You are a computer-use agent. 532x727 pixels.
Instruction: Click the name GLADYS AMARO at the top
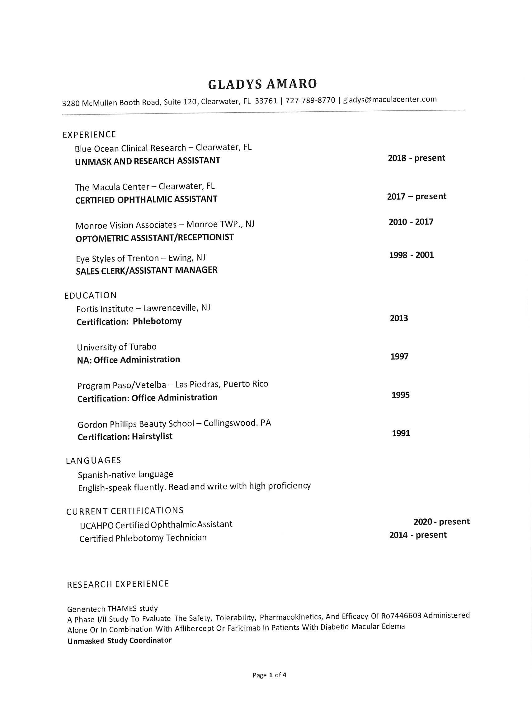(x=262, y=84)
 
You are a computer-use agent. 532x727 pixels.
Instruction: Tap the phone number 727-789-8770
(x=310, y=100)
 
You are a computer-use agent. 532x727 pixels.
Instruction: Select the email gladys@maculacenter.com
(x=390, y=100)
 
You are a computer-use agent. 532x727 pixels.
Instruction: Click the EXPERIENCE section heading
(x=89, y=134)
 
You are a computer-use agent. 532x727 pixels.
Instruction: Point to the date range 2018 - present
(x=417, y=158)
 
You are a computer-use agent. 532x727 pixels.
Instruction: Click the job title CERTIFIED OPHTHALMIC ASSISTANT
(x=146, y=199)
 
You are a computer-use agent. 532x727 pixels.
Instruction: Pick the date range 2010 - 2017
(x=411, y=222)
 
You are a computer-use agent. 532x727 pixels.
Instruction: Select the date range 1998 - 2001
(x=411, y=255)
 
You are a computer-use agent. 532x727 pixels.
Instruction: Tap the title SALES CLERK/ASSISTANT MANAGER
(x=147, y=270)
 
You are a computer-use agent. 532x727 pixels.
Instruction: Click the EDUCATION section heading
(x=91, y=295)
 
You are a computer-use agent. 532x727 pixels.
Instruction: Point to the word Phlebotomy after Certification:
(x=157, y=321)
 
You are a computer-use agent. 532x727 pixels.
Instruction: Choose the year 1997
(x=399, y=356)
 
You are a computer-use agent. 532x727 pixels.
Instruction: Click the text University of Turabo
(x=116, y=347)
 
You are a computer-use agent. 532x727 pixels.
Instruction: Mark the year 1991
(x=401, y=433)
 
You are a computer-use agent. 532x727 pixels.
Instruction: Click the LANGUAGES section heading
(x=93, y=461)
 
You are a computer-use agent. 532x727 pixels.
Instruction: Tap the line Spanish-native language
(x=125, y=475)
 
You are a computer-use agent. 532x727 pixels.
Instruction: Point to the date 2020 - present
(x=441, y=521)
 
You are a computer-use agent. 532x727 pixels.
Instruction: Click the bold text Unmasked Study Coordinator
(x=120, y=641)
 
